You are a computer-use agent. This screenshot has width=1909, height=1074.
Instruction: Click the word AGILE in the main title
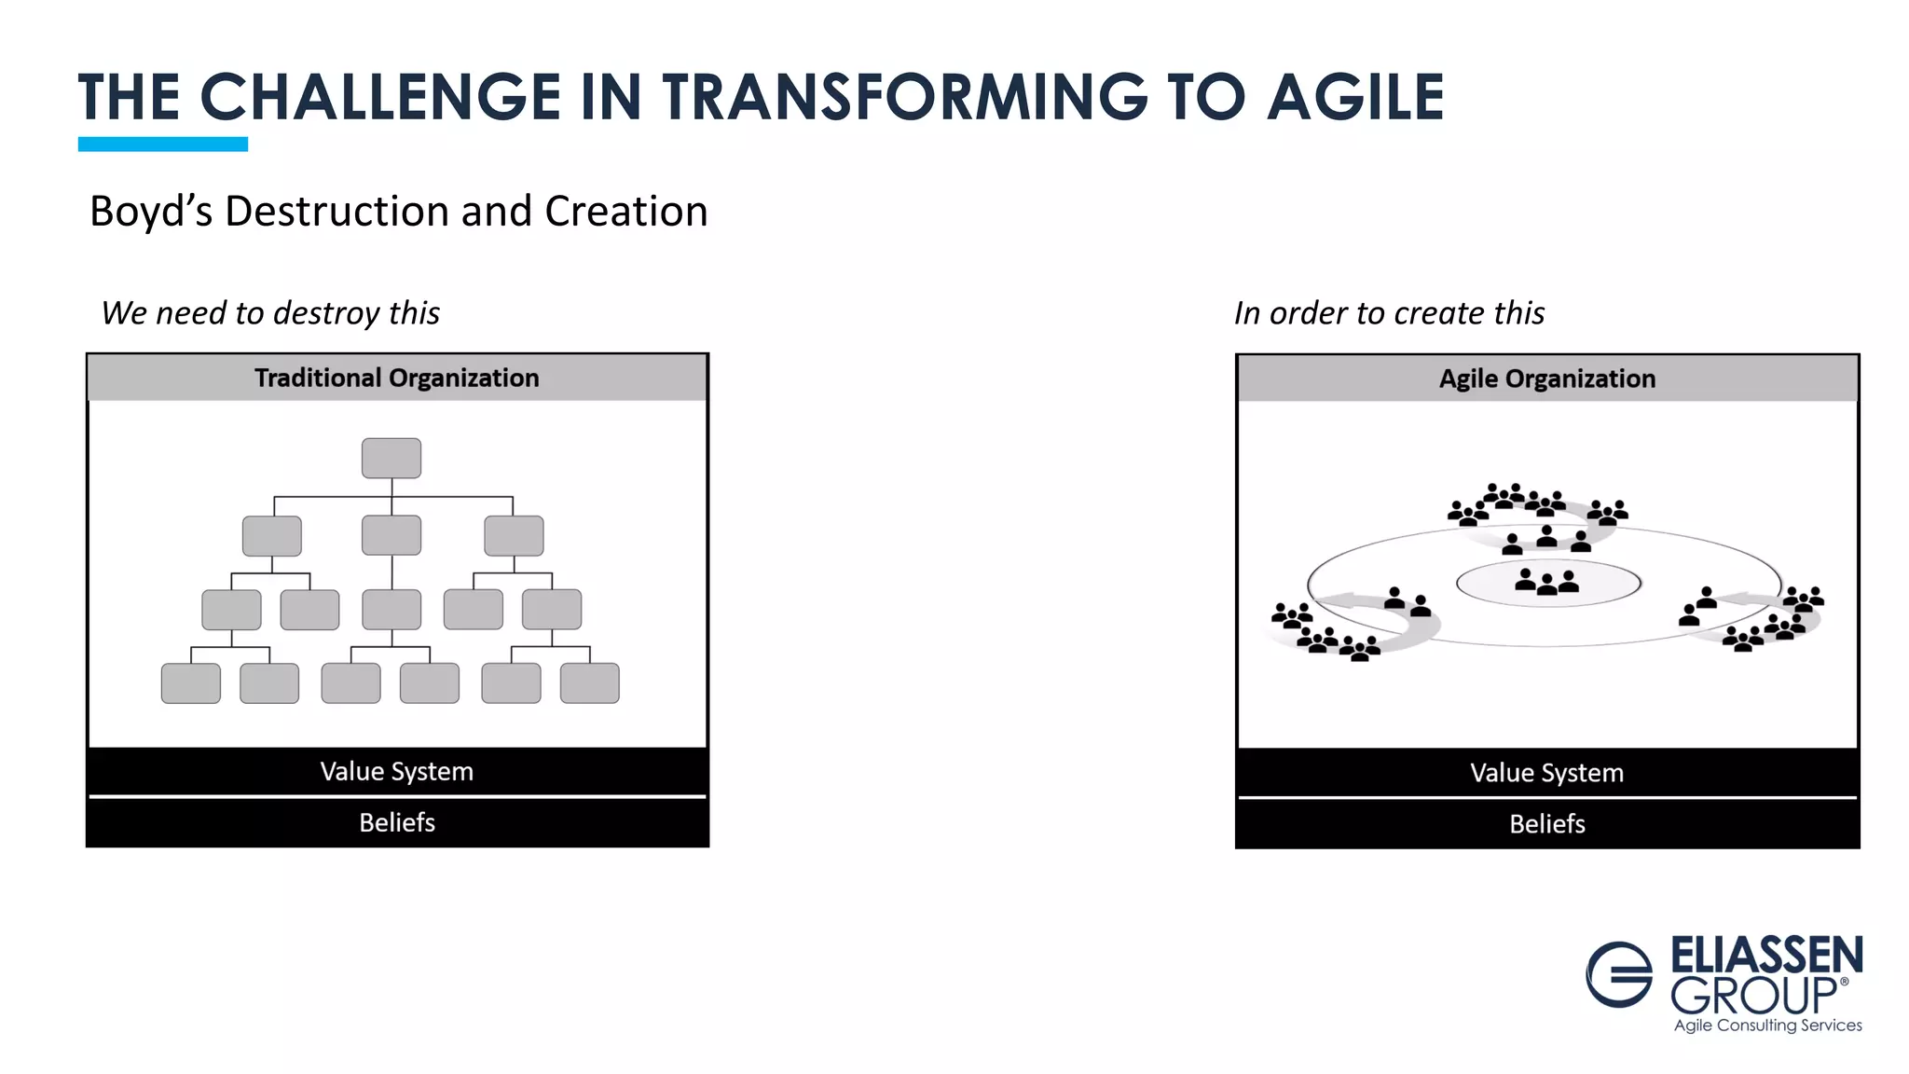[1355, 98]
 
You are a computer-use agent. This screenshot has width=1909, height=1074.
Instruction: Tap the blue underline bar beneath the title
[163, 144]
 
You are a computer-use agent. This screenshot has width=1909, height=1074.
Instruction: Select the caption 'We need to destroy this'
[270, 313]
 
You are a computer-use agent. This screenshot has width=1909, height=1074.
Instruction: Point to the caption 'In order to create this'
[1389, 313]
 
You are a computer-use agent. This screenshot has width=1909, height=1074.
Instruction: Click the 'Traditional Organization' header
[397, 378]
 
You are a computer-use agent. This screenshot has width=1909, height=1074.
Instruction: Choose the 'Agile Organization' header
[1547, 379]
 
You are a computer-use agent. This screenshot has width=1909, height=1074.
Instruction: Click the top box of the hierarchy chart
[391, 458]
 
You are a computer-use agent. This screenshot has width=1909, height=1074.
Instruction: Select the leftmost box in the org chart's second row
[272, 536]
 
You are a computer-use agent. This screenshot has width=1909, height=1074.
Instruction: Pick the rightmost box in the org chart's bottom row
[589, 682]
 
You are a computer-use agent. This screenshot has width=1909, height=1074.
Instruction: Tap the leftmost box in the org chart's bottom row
[191, 682]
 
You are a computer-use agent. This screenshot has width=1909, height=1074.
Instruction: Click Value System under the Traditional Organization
[397, 772]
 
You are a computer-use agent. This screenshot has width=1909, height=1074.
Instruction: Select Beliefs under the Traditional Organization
[397, 822]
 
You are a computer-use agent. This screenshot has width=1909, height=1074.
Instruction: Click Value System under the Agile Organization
[1547, 773]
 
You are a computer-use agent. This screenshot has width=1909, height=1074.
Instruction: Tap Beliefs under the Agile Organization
[1547, 824]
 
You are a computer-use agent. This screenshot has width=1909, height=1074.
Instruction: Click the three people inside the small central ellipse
[1547, 583]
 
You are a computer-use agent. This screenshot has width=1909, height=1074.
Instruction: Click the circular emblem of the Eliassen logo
[1619, 974]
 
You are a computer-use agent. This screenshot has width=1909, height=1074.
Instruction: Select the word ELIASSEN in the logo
[1766, 956]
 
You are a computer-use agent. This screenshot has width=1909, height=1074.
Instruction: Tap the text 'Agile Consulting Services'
[1767, 1026]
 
